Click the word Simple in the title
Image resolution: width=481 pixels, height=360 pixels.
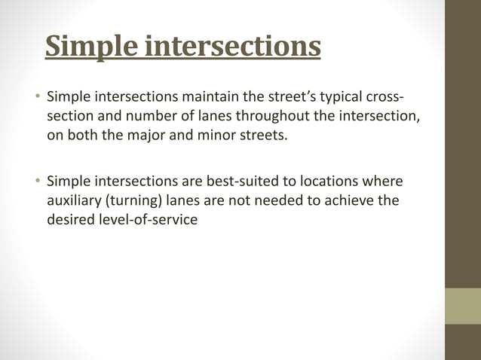coord(91,46)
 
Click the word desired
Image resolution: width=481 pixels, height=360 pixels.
coord(70,221)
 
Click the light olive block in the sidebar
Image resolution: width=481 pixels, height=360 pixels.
coord(463,306)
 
